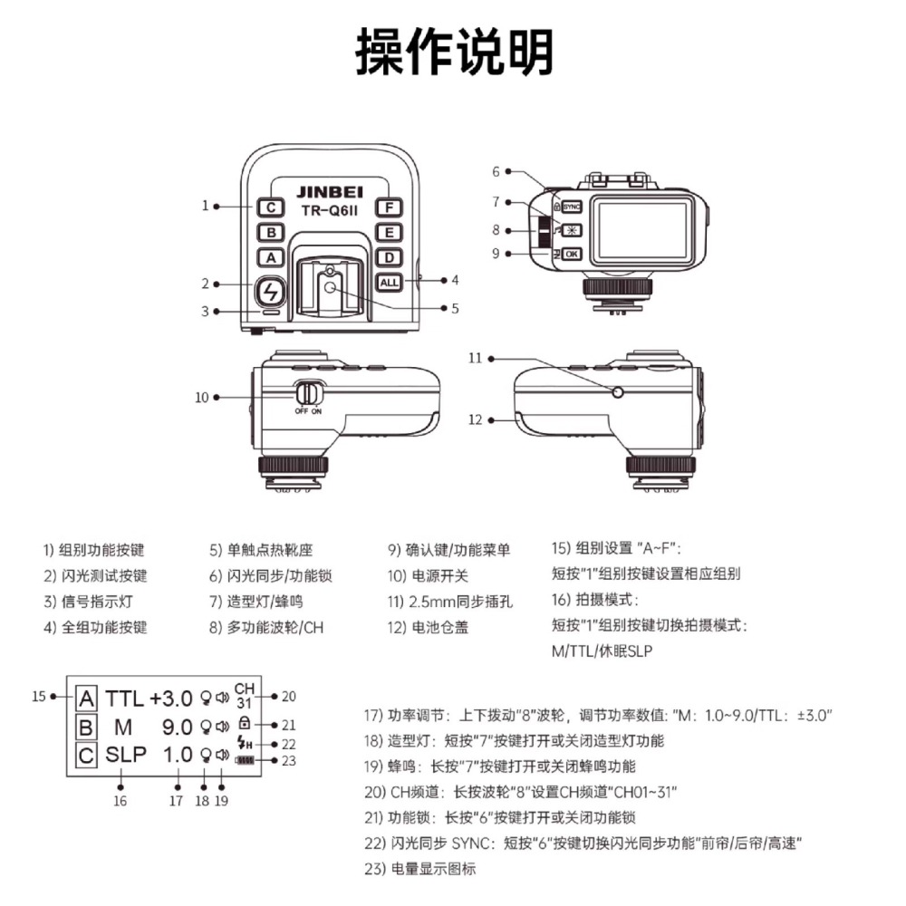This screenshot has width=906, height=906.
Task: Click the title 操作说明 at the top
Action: [x=453, y=52]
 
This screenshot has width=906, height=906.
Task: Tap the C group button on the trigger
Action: [x=270, y=207]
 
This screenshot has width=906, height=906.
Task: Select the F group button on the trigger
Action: [x=389, y=207]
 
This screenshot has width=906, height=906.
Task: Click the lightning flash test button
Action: [x=270, y=292]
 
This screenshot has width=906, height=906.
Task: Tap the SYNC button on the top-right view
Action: [x=572, y=206]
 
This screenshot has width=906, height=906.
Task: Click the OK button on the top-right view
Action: [x=572, y=255]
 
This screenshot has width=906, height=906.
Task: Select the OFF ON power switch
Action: [x=309, y=394]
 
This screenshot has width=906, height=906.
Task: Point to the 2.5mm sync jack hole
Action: [x=618, y=391]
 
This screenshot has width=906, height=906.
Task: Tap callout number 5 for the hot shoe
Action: [x=454, y=308]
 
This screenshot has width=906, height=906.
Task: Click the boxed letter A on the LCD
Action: [x=86, y=699]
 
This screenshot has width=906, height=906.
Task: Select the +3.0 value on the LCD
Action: [x=171, y=699]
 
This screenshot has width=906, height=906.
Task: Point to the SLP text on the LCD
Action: [x=125, y=755]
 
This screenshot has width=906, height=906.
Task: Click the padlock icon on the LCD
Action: [x=244, y=725]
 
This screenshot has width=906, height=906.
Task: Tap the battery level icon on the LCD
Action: [x=245, y=759]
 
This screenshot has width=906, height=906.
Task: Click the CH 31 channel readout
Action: [x=245, y=695]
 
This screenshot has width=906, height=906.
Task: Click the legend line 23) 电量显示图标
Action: [x=419, y=869]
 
